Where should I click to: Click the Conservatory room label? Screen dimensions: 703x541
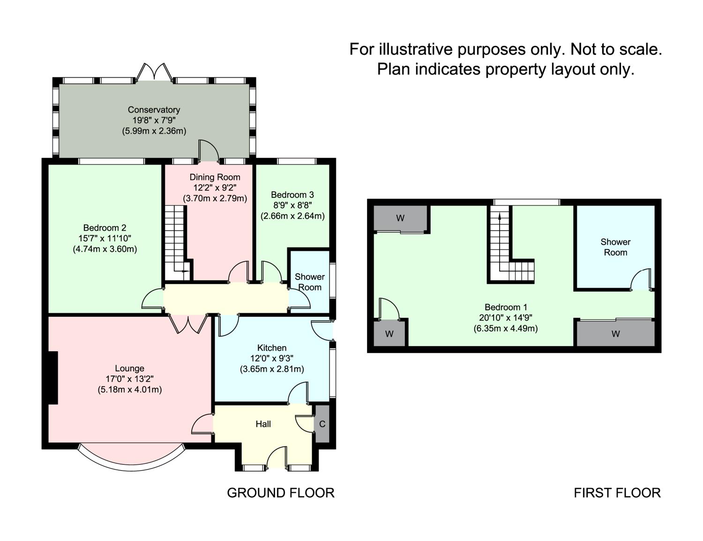click(x=154, y=110)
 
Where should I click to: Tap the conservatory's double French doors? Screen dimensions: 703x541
click(x=154, y=72)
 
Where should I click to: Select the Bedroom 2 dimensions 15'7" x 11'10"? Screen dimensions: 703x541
click(x=105, y=239)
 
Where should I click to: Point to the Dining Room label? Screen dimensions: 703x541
click(x=215, y=177)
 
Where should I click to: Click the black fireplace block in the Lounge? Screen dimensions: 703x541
click(x=53, y=377)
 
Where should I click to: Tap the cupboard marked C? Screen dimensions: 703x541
click(x=322, y=424)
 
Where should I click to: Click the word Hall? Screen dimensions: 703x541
click(x=263, y=424)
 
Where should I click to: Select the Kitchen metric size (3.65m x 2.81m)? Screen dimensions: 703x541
click(x=272, y=369)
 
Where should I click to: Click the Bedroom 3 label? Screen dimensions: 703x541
click(x=292, y=195)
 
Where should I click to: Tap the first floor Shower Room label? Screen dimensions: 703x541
click(x=615, y=247)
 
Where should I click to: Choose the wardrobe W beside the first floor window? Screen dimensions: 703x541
click(x=400, y=218)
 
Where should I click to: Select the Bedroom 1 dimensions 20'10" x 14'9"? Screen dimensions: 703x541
click(x=506, y=318)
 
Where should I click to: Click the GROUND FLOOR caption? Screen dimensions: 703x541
click(x=280, y=493)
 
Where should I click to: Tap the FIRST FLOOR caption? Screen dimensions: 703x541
click(x=617, y=493)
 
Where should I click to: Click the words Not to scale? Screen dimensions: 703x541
click(x=616, y=49)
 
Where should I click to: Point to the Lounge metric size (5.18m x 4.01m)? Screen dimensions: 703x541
click(x=129, y=389)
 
